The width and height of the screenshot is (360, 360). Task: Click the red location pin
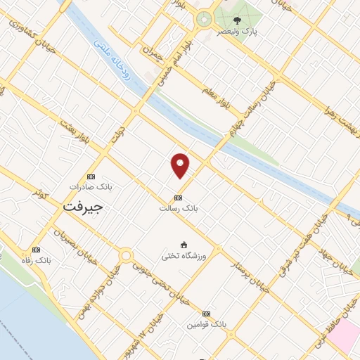click(x=181, y=165)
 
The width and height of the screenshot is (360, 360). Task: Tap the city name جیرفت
click(x=83, y=207)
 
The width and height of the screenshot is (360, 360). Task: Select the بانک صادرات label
click(x=91, y=188)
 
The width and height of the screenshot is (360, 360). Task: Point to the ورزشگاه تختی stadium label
click(x=184, y=256)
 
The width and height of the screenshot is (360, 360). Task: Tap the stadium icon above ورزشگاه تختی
click(x=184, y=245)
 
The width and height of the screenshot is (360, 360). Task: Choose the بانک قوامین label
click(x=206, y=325)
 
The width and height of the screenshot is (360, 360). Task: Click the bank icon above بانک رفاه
click(x=39, y=249)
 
